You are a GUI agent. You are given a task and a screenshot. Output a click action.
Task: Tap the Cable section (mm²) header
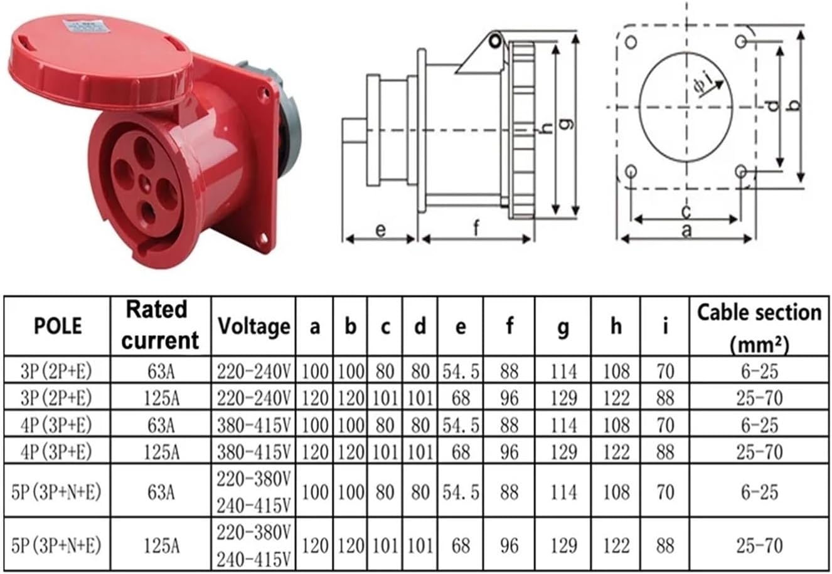(760, 326)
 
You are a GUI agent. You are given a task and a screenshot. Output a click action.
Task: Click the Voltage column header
(253, 326)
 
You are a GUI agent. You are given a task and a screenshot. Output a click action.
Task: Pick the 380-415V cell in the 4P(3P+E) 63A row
(253, 425)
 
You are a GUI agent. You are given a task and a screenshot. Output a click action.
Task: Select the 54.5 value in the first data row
(461, 372)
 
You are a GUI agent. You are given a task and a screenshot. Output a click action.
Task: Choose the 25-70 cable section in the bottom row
(760, 545)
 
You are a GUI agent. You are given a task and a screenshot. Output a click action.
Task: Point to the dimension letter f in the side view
(476, 229)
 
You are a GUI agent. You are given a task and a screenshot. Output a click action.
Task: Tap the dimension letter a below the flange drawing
(686, 231)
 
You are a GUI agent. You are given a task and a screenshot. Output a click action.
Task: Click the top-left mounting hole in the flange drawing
(631, 42)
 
